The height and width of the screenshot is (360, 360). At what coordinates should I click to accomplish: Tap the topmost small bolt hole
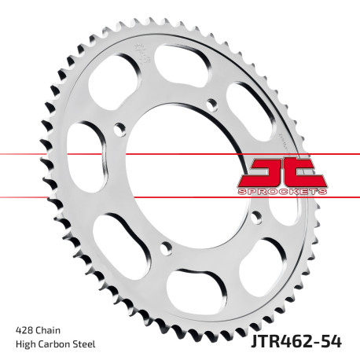tap(211, 104)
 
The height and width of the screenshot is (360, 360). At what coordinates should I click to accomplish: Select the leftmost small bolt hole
tap(117, 128)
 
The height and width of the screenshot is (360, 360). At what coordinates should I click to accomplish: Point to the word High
tap(25, 343)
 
